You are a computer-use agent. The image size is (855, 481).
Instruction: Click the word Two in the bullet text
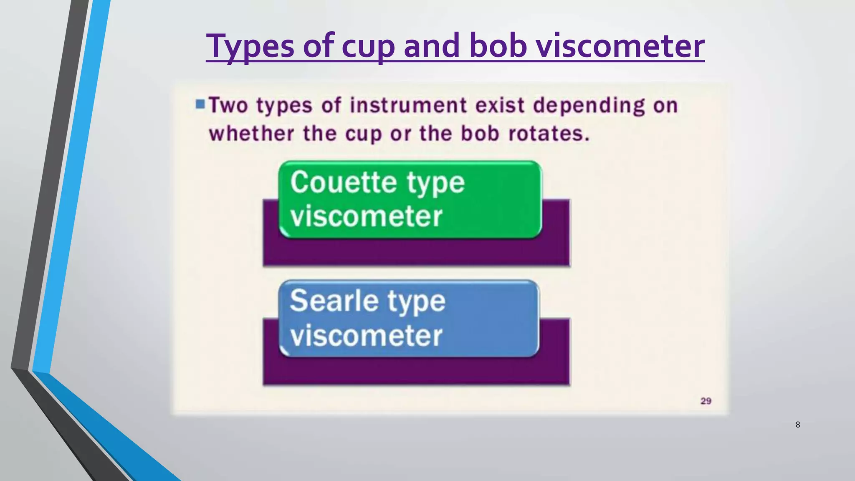point(228,105)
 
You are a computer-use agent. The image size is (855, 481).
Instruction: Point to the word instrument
point(408,105)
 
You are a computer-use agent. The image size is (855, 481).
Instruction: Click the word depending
point(589,106)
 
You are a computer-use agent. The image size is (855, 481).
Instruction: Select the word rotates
point(549,134)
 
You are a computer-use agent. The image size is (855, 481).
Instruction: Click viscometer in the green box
point(366,216)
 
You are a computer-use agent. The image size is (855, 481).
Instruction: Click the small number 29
point(706,401)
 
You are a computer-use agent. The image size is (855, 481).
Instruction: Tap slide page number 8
point(797,425)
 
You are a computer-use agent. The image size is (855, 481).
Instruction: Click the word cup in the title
point(368,47)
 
